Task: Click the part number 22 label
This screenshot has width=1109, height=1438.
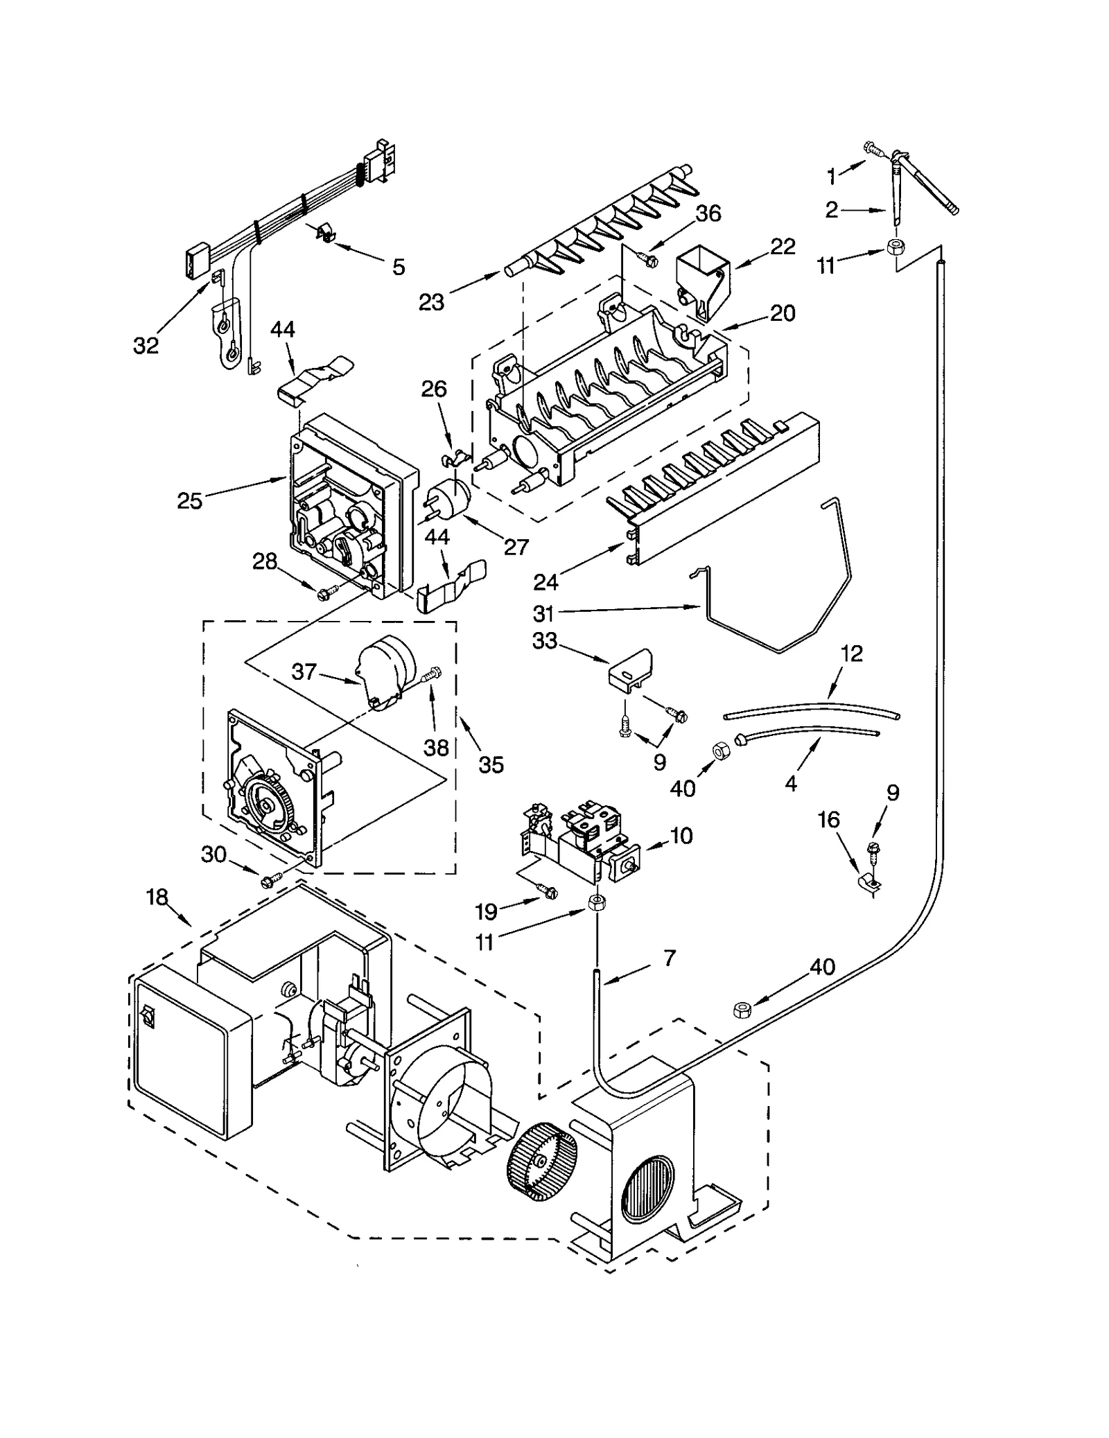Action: click(x=783, y=247)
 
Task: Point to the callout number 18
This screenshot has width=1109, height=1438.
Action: click(x=157, y=897)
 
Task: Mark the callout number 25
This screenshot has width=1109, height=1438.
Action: click(x=189, y=500)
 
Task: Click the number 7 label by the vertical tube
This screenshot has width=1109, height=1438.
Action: click(x=669, y=958)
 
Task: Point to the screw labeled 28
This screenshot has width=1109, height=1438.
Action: click(x=324, y=593)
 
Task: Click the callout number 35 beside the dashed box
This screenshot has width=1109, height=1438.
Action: click(x=491, y=764)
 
